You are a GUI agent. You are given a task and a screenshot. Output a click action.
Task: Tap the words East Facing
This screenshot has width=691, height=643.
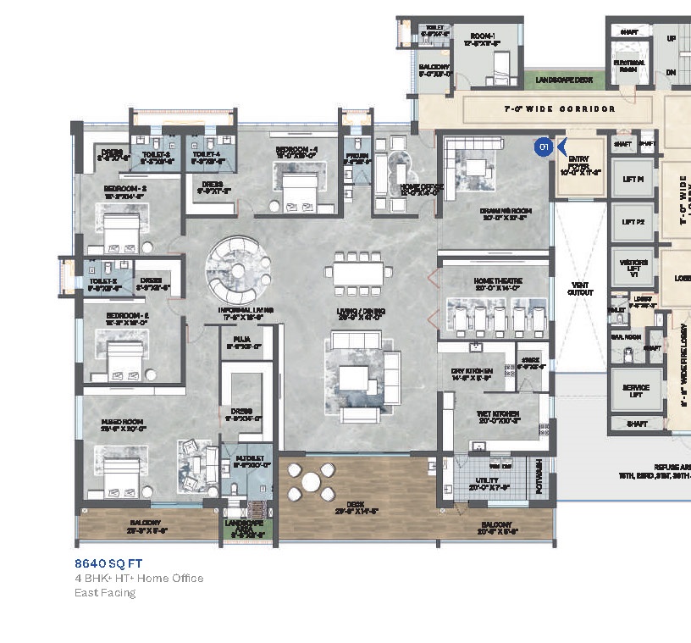tap(105, 592)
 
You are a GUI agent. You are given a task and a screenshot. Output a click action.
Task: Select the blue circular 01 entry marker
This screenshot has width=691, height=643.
tap(543, 147)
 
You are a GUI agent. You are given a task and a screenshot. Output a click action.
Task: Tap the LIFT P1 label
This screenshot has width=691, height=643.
tap(633, 180)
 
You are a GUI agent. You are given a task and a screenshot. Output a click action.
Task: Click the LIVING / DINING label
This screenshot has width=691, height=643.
tap(361, 313)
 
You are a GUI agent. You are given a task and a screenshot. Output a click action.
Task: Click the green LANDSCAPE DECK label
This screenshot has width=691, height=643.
tap(564, 80)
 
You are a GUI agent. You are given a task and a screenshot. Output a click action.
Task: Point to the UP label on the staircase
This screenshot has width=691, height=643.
tap(672, 39)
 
